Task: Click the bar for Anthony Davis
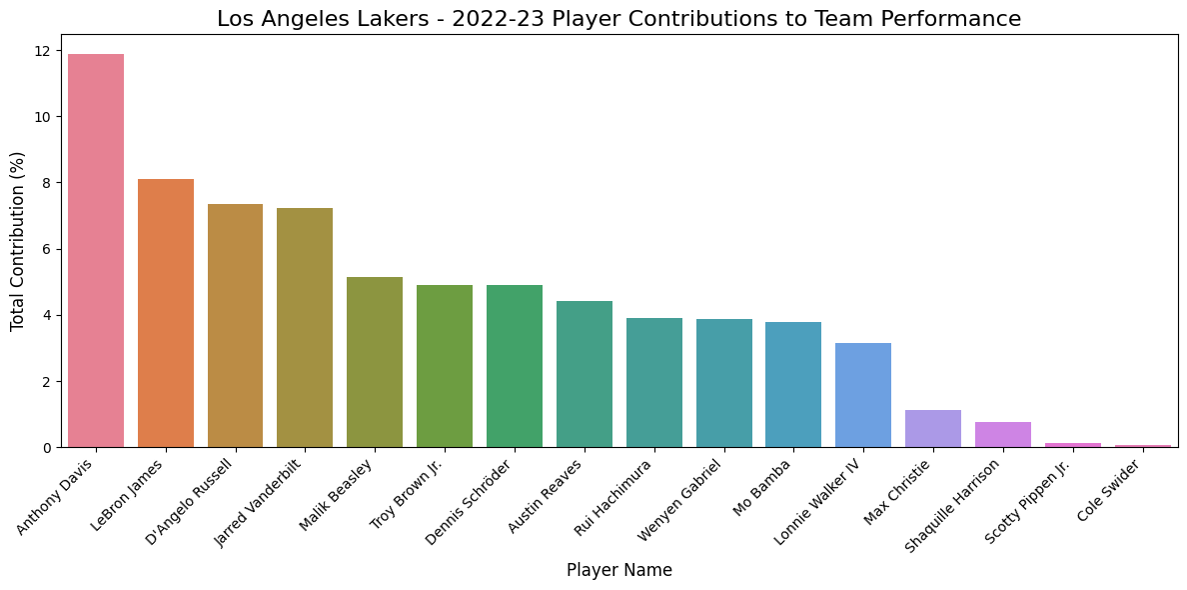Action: [x=96, y=250]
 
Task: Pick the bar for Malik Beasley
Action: [x=375, y=362]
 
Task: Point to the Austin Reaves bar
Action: [x=584, y=374]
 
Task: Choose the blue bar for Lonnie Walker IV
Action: [x=863, y=395]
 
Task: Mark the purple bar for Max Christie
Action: [x=932, y=429]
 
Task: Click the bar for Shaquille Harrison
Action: [x=1002, y=435]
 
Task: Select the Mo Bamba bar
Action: [x=793, y=385]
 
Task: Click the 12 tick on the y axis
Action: [x=46, y=50]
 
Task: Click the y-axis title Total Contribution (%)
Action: [x=18, y=241]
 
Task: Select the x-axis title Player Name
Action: [x=618, y=570]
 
